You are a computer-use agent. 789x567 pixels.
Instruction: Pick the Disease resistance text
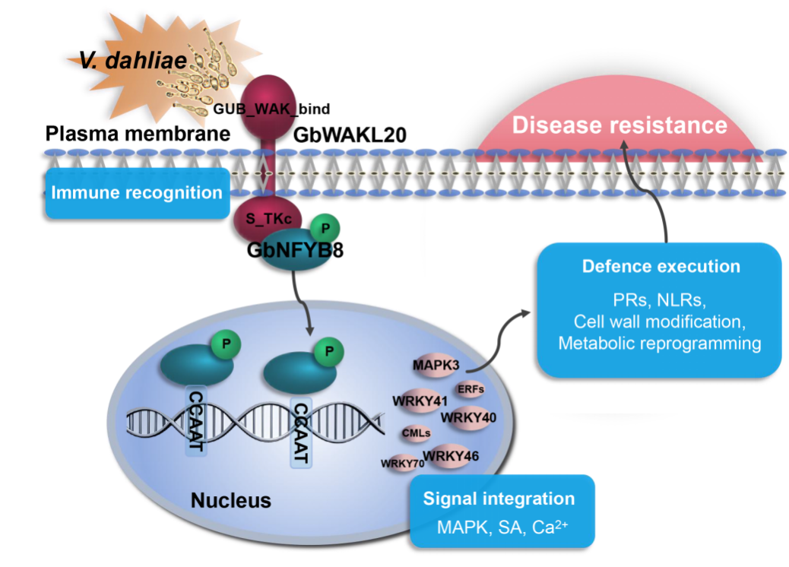[619, 125]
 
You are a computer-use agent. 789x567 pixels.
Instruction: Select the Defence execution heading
[661, 267]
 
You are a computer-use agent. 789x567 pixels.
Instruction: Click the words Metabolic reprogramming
[660, 343]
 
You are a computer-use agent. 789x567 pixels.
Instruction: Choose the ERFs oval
[471, 389]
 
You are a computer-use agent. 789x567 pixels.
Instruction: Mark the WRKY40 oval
[469, 416]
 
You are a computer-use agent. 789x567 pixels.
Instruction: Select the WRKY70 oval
[402, 462]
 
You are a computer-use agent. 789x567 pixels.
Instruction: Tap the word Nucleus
[230, 500]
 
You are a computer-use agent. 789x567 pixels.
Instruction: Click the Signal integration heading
[499, 499]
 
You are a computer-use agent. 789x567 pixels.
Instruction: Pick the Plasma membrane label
[137, 135]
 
